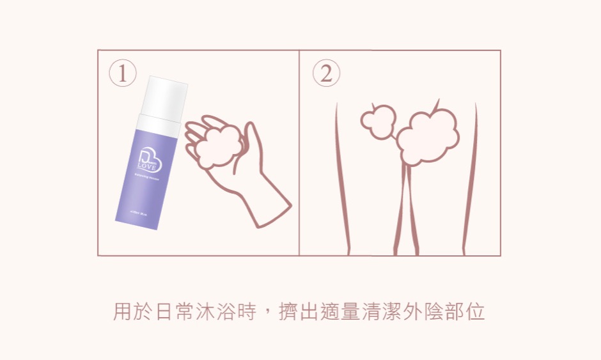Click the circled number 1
click(x=123, y=74)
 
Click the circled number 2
click(x=326, y=74)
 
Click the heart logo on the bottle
click(x=150, y=161)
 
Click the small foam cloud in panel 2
click(x=378, y=121)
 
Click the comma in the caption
click(x=267, y=315)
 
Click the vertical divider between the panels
click(x=299, y=153)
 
